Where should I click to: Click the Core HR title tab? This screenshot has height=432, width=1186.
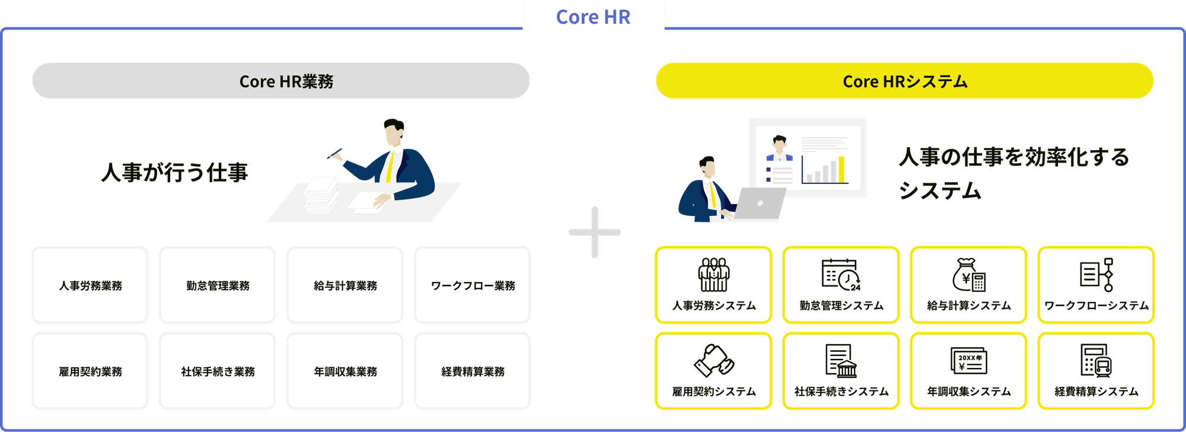click(x=593, y=17)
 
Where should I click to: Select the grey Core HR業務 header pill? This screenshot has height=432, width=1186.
click(x=280, y=81)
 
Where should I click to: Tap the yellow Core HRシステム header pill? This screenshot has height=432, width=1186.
click(x=904, y=81)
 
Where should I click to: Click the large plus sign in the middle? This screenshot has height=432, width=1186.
click(x=595, y=232)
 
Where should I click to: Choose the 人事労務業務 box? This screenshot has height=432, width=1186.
click(x=90, y=285)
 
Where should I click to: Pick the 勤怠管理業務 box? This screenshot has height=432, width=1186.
click(x=218, y=285)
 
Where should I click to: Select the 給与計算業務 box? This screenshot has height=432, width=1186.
click(x=345, y=285)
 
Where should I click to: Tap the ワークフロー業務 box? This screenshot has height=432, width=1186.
click(x=473, y=285)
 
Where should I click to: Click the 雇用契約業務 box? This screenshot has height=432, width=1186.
click(x=90, y=371)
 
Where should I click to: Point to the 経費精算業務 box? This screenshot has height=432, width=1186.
click(x=473, y=371)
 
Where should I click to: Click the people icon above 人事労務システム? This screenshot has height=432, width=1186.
click(x=713, y=275)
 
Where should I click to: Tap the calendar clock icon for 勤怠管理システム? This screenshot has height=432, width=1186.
click(x=841, y=275)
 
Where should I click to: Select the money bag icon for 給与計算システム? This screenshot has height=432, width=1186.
click(x=968, y=275)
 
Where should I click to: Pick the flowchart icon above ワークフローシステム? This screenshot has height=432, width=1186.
click(x=1096, y=274)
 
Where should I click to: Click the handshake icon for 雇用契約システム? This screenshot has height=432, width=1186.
click(x=713, y=360)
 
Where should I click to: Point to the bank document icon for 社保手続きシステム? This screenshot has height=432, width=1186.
click(x=841, y=360)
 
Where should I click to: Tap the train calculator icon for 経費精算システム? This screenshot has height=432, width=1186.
click(x=1096, y=360)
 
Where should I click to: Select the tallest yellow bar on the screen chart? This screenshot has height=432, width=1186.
click(x=841, y=169)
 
